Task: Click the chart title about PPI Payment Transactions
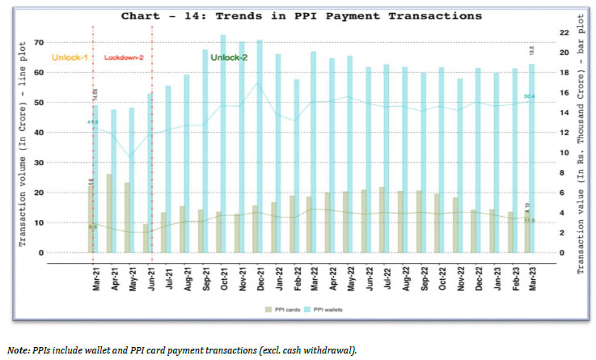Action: click(x=301, y=15)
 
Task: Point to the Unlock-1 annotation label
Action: click(x=70, y=58)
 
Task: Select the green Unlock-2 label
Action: click(x=231, y=58)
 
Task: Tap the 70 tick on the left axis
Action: click(x=39, y=42)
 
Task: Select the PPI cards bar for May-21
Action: click(x=127, y=217)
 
